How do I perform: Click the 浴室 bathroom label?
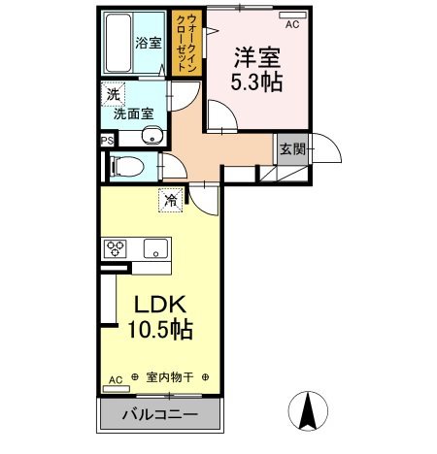[x=149, y=44]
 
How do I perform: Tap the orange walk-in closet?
[x=184, y=43]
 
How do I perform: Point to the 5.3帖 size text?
[x=256, y=81]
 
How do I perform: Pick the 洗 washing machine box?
[x=113, y=94]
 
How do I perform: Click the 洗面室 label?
[x=132, y=113]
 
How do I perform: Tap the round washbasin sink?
[x=150, y=136]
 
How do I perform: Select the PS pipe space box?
[x=105, y=139]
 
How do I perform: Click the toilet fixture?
[x=125, y=166]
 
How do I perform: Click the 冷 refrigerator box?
[x=171, y=201]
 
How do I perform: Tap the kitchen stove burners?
[x=118, y=247]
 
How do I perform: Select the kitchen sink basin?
[x=154, y=247]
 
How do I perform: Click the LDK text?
[x=158, y=304]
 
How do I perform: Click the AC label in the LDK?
[x=115, y=379]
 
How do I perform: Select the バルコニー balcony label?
[x=160, y=415]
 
